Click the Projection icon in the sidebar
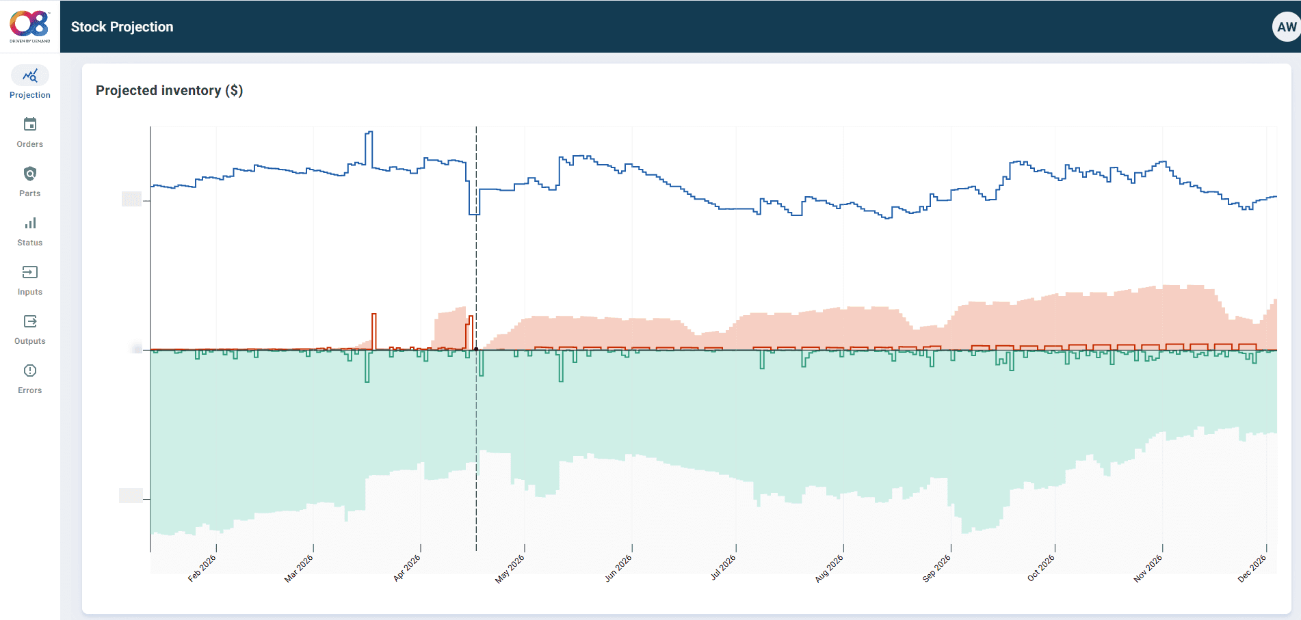coord(29,75)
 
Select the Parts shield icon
coord(29,174)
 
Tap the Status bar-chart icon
coord(29,224)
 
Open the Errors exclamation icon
coord(29,370)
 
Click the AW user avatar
coord(1285,27)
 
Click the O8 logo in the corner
coord(29,26)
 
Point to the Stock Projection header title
coord(122,27)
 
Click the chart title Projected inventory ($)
coord(169,90)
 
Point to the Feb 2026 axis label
coord(202,568)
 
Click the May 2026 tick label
coord(510,569)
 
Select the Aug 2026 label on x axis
coord(829,569)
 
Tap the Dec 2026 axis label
coord(1252,569)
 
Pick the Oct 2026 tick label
coord(1040,569)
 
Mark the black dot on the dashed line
coord(476,349)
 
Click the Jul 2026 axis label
coord(723,568)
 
